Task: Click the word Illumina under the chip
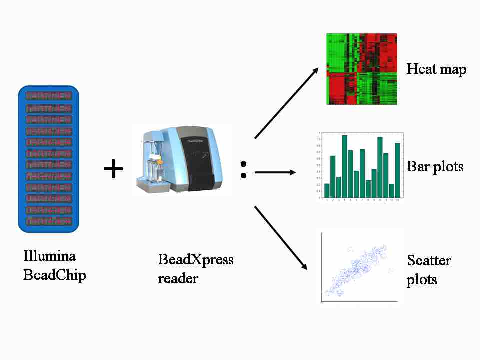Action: pos(49,256)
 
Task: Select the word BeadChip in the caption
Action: pos(54,274)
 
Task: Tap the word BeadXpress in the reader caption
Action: pos(195,260)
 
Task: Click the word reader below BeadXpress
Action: pos(178,278)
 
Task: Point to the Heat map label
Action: pos(436,69)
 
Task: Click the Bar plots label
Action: pos(435,166)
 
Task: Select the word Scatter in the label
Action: pos(429,260)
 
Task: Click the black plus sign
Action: pos(113,170)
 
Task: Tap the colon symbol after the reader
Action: pos(243,170)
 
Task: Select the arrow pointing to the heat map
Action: pos(287,103)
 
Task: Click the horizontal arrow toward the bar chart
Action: pos(275,173)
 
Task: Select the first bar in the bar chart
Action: pos(327,190)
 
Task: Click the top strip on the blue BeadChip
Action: pos(49,95)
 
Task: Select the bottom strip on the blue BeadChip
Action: pos(49,221)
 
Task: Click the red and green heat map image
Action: pos(361,69)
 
